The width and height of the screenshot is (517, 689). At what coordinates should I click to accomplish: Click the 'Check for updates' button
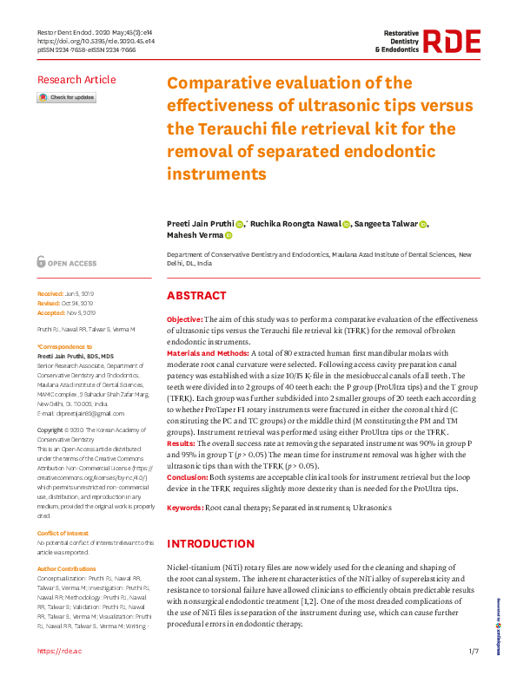tap(66, 98)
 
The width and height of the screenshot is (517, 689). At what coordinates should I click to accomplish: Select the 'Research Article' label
tap(76, 80)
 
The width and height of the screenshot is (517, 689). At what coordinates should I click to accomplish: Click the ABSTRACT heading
tap(196, 296)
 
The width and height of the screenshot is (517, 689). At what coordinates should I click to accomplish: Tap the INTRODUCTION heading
tap(210, 544)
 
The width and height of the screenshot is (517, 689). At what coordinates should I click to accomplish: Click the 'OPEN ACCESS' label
tap(72, 261)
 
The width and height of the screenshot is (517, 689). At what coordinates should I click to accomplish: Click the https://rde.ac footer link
tap(59, 651)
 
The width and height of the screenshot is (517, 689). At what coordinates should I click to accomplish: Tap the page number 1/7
tap(474, 651)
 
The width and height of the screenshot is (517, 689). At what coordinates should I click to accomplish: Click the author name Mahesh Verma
tap(194, 234)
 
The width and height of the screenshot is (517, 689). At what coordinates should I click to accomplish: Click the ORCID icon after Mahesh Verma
tap(229, 234)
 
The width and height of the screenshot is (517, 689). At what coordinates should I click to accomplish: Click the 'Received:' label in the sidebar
tap(50, 295)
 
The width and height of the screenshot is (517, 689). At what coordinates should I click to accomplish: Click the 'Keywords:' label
tap(185, 508)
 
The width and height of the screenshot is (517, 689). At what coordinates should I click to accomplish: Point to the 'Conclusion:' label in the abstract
tap(187, 477)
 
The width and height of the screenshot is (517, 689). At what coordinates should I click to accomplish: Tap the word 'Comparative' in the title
tap(226, 83)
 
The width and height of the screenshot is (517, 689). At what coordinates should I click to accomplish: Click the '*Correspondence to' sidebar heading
tap(66, 346)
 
